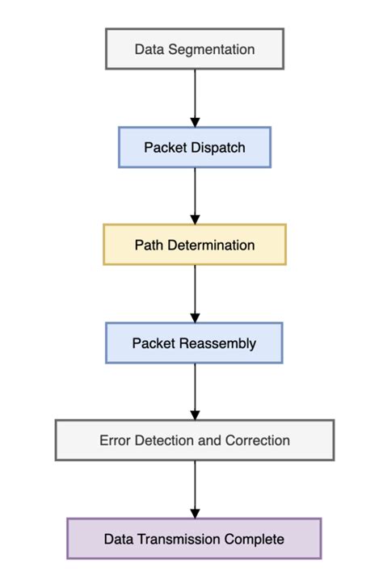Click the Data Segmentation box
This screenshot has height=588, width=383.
195,49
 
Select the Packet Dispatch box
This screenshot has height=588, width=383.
195,147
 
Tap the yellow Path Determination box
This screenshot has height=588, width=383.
195,245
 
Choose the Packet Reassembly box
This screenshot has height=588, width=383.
195,343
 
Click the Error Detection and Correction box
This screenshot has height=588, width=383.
195,441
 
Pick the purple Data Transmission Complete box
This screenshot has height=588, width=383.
195,539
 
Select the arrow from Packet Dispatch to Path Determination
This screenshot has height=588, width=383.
195,195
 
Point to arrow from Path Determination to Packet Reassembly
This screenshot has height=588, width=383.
195,293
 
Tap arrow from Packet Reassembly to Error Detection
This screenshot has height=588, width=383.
195,391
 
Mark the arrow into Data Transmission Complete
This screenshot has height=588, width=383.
195,489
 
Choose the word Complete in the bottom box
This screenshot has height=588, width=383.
257,539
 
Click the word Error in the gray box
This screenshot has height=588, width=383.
115,441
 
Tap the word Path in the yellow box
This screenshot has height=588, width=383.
148,245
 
